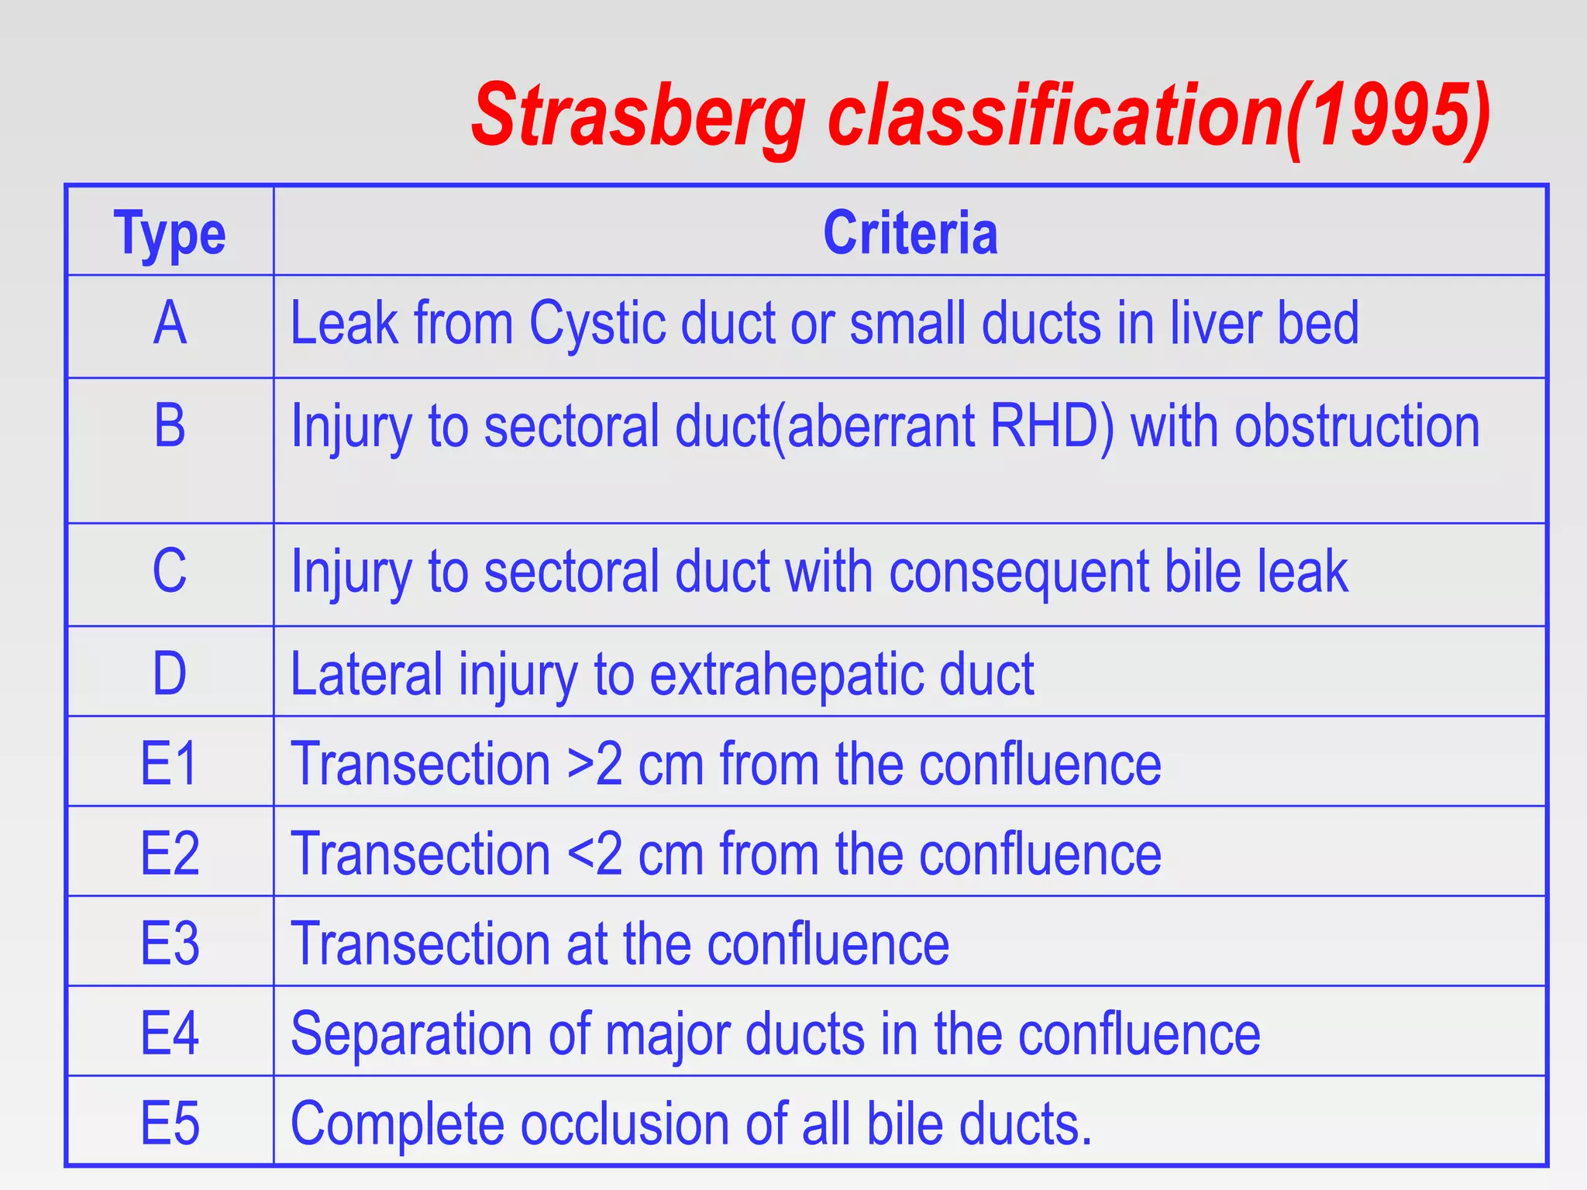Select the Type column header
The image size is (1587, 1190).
pyautogui.click(x=170, y=232)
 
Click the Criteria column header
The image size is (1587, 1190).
pyautogui.click(x=910, y=232)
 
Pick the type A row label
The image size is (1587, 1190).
pyautogui.click(x=170, y=323)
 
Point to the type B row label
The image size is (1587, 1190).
pyautogui.click(x=170, y=426)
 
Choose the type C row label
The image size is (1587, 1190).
pyautogui.click(x=170, y=571)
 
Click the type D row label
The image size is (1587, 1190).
pyautogui.click(x=170, y=673)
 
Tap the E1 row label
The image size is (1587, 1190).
pyautogui.click(x=170, y=764)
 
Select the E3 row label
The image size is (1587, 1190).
pyautogui.click(x=170, y=944)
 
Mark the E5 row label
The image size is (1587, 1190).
pyautogui.click(x=170, y=1123)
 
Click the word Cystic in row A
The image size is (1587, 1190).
pyautogui.click(x=597, y=323)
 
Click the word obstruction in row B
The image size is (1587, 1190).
pyautogui.click(x=1357, y=426)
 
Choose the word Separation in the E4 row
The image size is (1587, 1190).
pyautogui.click(x=411, y=1034)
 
